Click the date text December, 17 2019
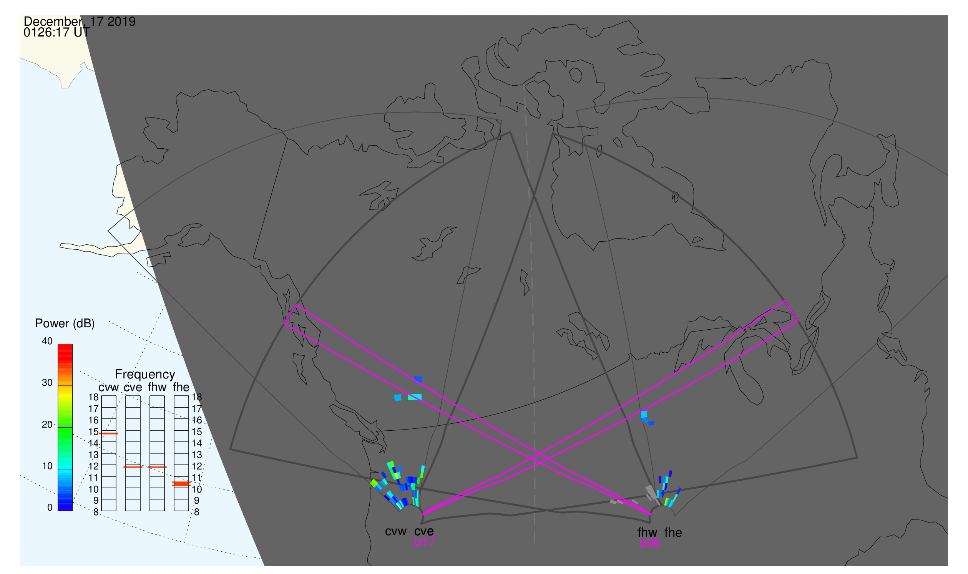[x=80, y=22]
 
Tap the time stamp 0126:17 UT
[x=57, y=33]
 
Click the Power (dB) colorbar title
[x=65, y=323]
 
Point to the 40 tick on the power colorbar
[x=47, y=341]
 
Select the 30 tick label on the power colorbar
[x=47, y=383]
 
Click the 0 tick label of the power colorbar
[x=50, y=508]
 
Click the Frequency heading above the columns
[x=145, y=375]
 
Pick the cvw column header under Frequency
[x=109, y=388]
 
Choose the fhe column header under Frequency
[x=181, y=387]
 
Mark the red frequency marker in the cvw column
[x=109, y=434]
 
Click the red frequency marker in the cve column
[x=133, y=467]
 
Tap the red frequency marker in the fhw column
[x=157, y=467]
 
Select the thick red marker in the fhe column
[x=181, y=484]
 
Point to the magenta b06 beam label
[x=650, y=543]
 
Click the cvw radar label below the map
[x=396, y=532]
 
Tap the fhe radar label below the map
[x=673, y=533]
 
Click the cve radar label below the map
[x=424, y=532]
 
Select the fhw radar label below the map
[x=647, y=533]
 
